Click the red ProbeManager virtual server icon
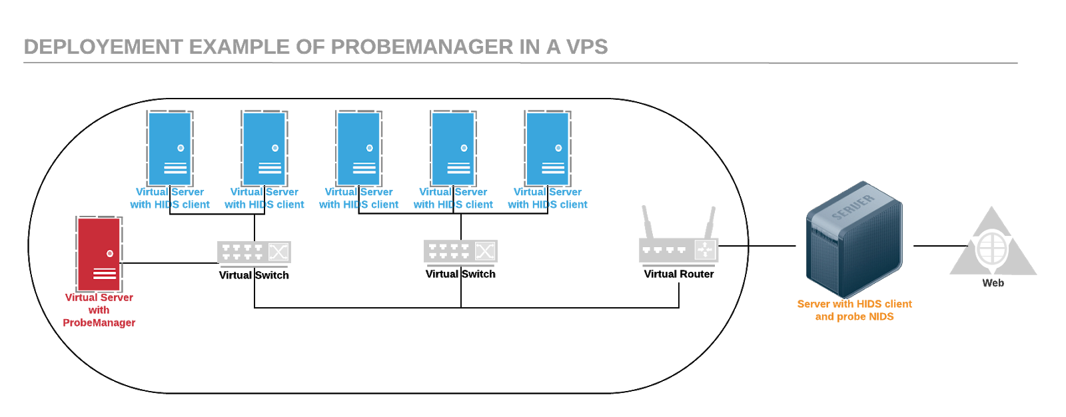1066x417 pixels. pyautogui.click(x=99, y=254)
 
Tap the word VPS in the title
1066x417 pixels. pyautogui.click(x=586, y=47)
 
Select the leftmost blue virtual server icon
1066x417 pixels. pyautogui.click(x=170, y=148)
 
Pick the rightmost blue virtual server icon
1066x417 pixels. pyautogui.click(x=548, y=148)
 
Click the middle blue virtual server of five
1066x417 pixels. pyautogui.click(x=358, y=148)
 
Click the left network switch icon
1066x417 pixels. pyautogui.click(x=254, y=252)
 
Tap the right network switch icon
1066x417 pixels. pyautogui.click(x=460, y=251)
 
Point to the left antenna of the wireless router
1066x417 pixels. pyautogui.click(x=646, y=221)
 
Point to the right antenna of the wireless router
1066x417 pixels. pyautogui.click(x=710, y=221)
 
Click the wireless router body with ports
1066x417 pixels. pyautogui.click(x=678, y=250)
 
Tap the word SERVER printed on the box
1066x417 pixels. pyautogui.click(x=852, y=207)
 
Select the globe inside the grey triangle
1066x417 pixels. pyautogui.click(x=992, y=248)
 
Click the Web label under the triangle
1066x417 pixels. pyautogui.click(x=993, y=283)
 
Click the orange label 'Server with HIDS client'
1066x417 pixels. pyautogui.click(x=854, y=304)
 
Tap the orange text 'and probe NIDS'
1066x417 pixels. pyautogui.click(x=854, y=317)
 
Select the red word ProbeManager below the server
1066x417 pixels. pyautogui.click(x=99, y=322)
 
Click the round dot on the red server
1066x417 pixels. pyautogui.click(x=110, y=254)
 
